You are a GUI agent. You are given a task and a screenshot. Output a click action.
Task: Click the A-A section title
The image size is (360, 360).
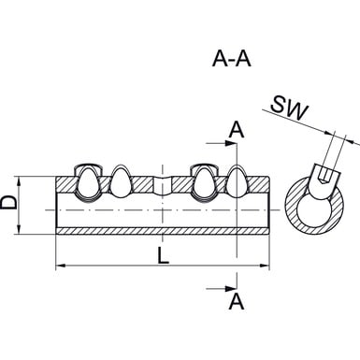point(232,59)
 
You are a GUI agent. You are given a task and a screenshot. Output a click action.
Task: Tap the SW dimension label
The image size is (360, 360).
point(289,108)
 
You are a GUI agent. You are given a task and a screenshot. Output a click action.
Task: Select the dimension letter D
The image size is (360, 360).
point(8,202)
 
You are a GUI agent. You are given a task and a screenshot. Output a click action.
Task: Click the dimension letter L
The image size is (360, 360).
point(163,256)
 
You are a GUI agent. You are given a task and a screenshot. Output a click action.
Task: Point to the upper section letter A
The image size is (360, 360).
point(237,130)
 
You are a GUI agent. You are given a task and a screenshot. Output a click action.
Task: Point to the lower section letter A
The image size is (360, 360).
point(237,302)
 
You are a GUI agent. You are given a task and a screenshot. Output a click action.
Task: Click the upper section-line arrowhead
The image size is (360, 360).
point(231,143)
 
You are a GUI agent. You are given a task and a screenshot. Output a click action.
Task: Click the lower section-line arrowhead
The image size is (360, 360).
point(231,288)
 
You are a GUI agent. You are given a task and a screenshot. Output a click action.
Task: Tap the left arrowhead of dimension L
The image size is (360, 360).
point(61,266)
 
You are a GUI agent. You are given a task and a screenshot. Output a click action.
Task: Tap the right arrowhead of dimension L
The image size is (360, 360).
point(264,266)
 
